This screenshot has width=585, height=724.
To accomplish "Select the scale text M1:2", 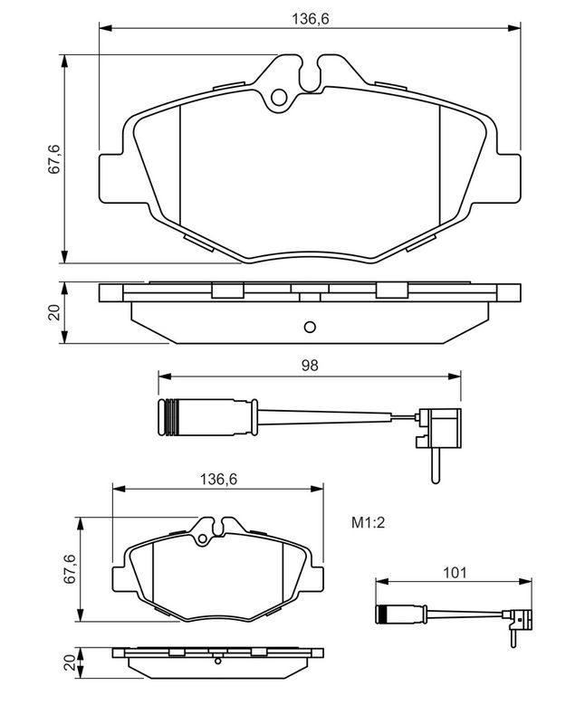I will coord(370,522).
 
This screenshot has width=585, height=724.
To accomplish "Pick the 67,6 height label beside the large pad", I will coord(53,159).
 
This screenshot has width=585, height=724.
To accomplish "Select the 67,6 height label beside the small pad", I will coord(70,570).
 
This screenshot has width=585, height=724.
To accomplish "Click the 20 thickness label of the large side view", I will coord(53,313).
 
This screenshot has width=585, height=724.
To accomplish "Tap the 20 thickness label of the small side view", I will coord(70,662).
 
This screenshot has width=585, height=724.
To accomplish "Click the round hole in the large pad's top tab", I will coord(279,97).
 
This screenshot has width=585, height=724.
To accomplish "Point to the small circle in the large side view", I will coord(309,327).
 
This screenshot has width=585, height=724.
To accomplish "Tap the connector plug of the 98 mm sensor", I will coord(443,426).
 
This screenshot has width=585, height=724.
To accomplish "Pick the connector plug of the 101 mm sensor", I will coord(523,618).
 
